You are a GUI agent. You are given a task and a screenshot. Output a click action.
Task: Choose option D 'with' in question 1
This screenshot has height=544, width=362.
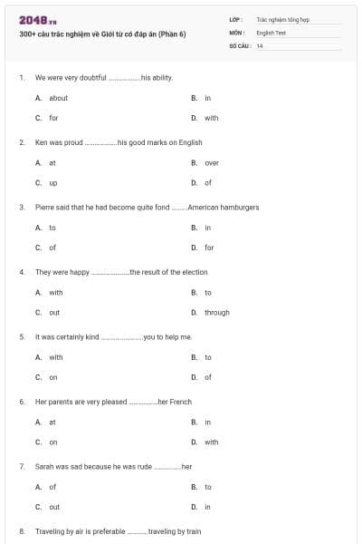coord(211,118)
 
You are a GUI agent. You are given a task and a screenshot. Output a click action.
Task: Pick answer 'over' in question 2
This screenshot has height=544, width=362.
coord(211,163)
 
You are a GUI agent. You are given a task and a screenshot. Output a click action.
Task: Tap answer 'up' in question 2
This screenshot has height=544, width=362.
coord(52,182)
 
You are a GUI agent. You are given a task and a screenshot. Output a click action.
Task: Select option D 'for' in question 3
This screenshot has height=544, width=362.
coord(209,248)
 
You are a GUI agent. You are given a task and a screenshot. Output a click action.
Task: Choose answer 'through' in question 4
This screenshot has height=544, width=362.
coord(216,313)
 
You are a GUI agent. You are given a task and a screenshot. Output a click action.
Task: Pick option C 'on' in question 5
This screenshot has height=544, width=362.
coord(53,377)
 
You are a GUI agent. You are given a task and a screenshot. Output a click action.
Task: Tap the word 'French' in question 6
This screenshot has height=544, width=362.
coord(180,402)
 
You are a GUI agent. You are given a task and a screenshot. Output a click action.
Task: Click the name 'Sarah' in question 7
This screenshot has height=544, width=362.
coord(44,466)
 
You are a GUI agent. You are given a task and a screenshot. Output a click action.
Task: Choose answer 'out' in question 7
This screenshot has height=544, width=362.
coord(54,507)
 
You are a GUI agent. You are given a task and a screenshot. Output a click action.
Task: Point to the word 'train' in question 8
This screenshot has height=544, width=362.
coord(193,531)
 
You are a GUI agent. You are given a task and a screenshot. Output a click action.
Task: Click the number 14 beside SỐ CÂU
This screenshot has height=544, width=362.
coord(260,45)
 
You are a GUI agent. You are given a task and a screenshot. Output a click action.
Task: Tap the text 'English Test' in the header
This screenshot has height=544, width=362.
coord(271,32)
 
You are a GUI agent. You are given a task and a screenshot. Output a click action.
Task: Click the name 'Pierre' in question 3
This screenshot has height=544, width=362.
coord(44,208)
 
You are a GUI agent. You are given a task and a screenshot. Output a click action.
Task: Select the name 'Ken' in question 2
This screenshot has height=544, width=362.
coord(41,142)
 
